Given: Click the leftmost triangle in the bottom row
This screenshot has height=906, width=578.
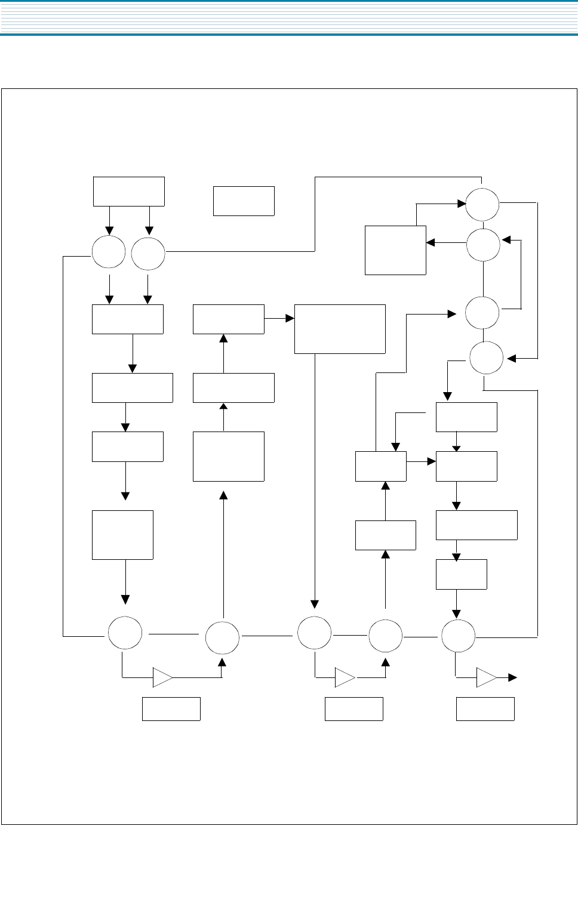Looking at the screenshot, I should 162,677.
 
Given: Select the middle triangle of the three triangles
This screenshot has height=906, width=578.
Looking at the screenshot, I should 345,677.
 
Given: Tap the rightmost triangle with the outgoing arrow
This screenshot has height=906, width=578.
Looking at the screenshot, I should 486,677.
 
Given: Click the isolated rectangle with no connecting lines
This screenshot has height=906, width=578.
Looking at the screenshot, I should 244,201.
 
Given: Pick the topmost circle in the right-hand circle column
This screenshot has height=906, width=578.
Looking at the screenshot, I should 482,204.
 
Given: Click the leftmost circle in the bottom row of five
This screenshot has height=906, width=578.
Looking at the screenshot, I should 125,633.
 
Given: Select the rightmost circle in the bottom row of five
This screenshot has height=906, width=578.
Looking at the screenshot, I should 458,636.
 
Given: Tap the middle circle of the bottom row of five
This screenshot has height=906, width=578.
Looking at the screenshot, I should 314,633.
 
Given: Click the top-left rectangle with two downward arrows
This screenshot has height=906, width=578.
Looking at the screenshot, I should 128,191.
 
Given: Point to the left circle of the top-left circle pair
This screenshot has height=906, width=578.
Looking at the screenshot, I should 109,252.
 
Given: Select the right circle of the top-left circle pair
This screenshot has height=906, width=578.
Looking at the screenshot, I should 148,254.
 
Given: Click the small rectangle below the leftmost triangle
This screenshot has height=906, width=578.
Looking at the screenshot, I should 171,708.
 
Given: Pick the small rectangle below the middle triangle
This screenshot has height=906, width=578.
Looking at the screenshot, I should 353,708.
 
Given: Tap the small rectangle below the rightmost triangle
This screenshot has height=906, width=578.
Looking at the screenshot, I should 485,708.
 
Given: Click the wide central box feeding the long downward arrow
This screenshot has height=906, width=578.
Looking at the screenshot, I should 340,329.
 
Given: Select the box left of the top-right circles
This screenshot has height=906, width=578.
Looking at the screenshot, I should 395,250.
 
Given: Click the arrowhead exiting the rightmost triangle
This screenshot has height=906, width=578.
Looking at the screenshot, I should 512,677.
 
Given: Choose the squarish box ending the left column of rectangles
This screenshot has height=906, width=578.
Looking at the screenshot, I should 122,535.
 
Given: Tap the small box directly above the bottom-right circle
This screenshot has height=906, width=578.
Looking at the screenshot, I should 461,574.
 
